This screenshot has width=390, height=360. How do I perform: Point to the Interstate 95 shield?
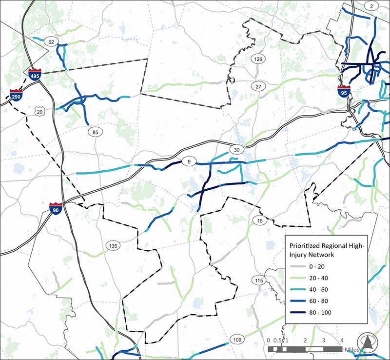point(344,91)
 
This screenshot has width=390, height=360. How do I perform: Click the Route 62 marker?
point(51,42)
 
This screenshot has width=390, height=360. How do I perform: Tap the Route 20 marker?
point(39,112)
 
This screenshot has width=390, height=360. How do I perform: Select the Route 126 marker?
point(258,60)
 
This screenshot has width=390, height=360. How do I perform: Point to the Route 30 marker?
point(237,149)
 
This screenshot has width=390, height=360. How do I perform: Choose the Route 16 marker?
point(258,221)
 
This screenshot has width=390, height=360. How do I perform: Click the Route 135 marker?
point(113,245)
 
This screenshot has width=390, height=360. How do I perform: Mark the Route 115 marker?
point(258,280)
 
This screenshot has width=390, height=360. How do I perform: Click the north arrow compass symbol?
point(368,342)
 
